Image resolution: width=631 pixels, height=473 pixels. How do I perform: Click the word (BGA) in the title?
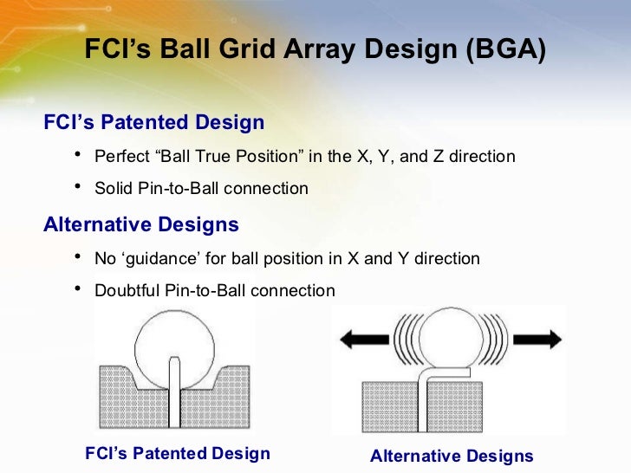[x=506, y=51]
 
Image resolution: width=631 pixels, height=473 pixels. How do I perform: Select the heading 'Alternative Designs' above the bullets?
[x=141, y=225]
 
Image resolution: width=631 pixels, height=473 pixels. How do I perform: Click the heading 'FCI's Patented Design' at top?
[x=153, y=122]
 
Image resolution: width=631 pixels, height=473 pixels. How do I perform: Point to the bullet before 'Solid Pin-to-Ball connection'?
[x=77, y=186]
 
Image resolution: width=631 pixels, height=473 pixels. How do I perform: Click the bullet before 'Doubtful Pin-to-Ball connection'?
[x=77, y=288]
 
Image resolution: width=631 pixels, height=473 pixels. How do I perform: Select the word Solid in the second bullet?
[x=113, y=188]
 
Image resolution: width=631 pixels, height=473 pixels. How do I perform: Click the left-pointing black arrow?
[x=363, y=340]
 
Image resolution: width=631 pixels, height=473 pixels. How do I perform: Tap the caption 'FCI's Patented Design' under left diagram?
[x=178, y=453]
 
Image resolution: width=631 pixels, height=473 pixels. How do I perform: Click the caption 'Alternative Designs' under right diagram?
[x=452, y=457]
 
